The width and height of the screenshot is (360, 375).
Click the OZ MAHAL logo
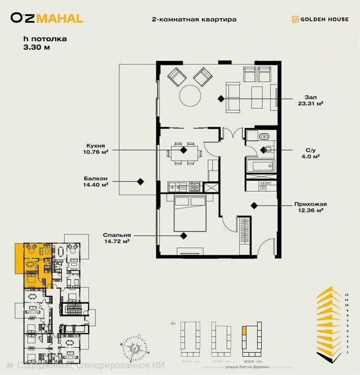(x=47, y=18)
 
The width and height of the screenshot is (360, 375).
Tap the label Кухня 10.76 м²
(x=97, y=148)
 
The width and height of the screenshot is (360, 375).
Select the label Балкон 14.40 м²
(x=95, y=181)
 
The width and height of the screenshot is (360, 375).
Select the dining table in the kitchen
(x=184, y=151)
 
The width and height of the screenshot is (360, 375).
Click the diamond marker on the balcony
(x=141, y=181)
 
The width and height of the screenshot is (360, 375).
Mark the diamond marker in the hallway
(x=253, y=204)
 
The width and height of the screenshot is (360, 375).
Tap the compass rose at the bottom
(x=135, y=349)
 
